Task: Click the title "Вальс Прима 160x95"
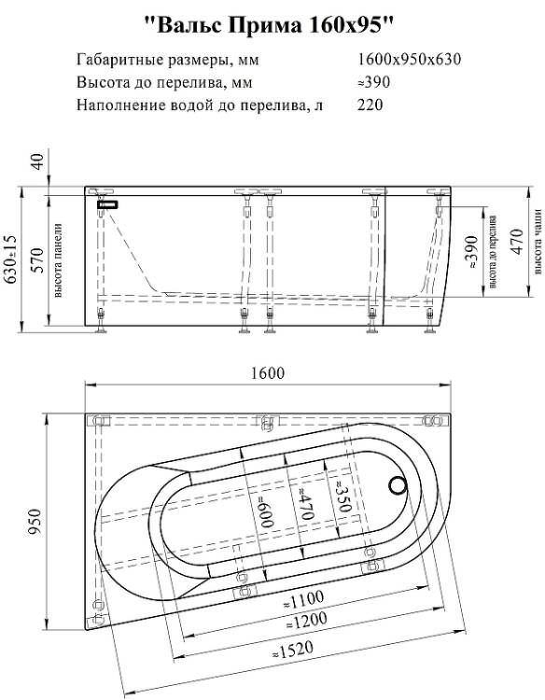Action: tap(270, 25)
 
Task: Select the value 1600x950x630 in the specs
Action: tap(410, 59)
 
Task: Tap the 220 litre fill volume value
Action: tap(370, 105)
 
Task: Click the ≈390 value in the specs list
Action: tap(373, 82)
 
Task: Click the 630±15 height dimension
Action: tap(10, 259)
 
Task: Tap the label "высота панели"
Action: tap(58, 260)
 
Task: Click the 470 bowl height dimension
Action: tap(516, 242)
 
